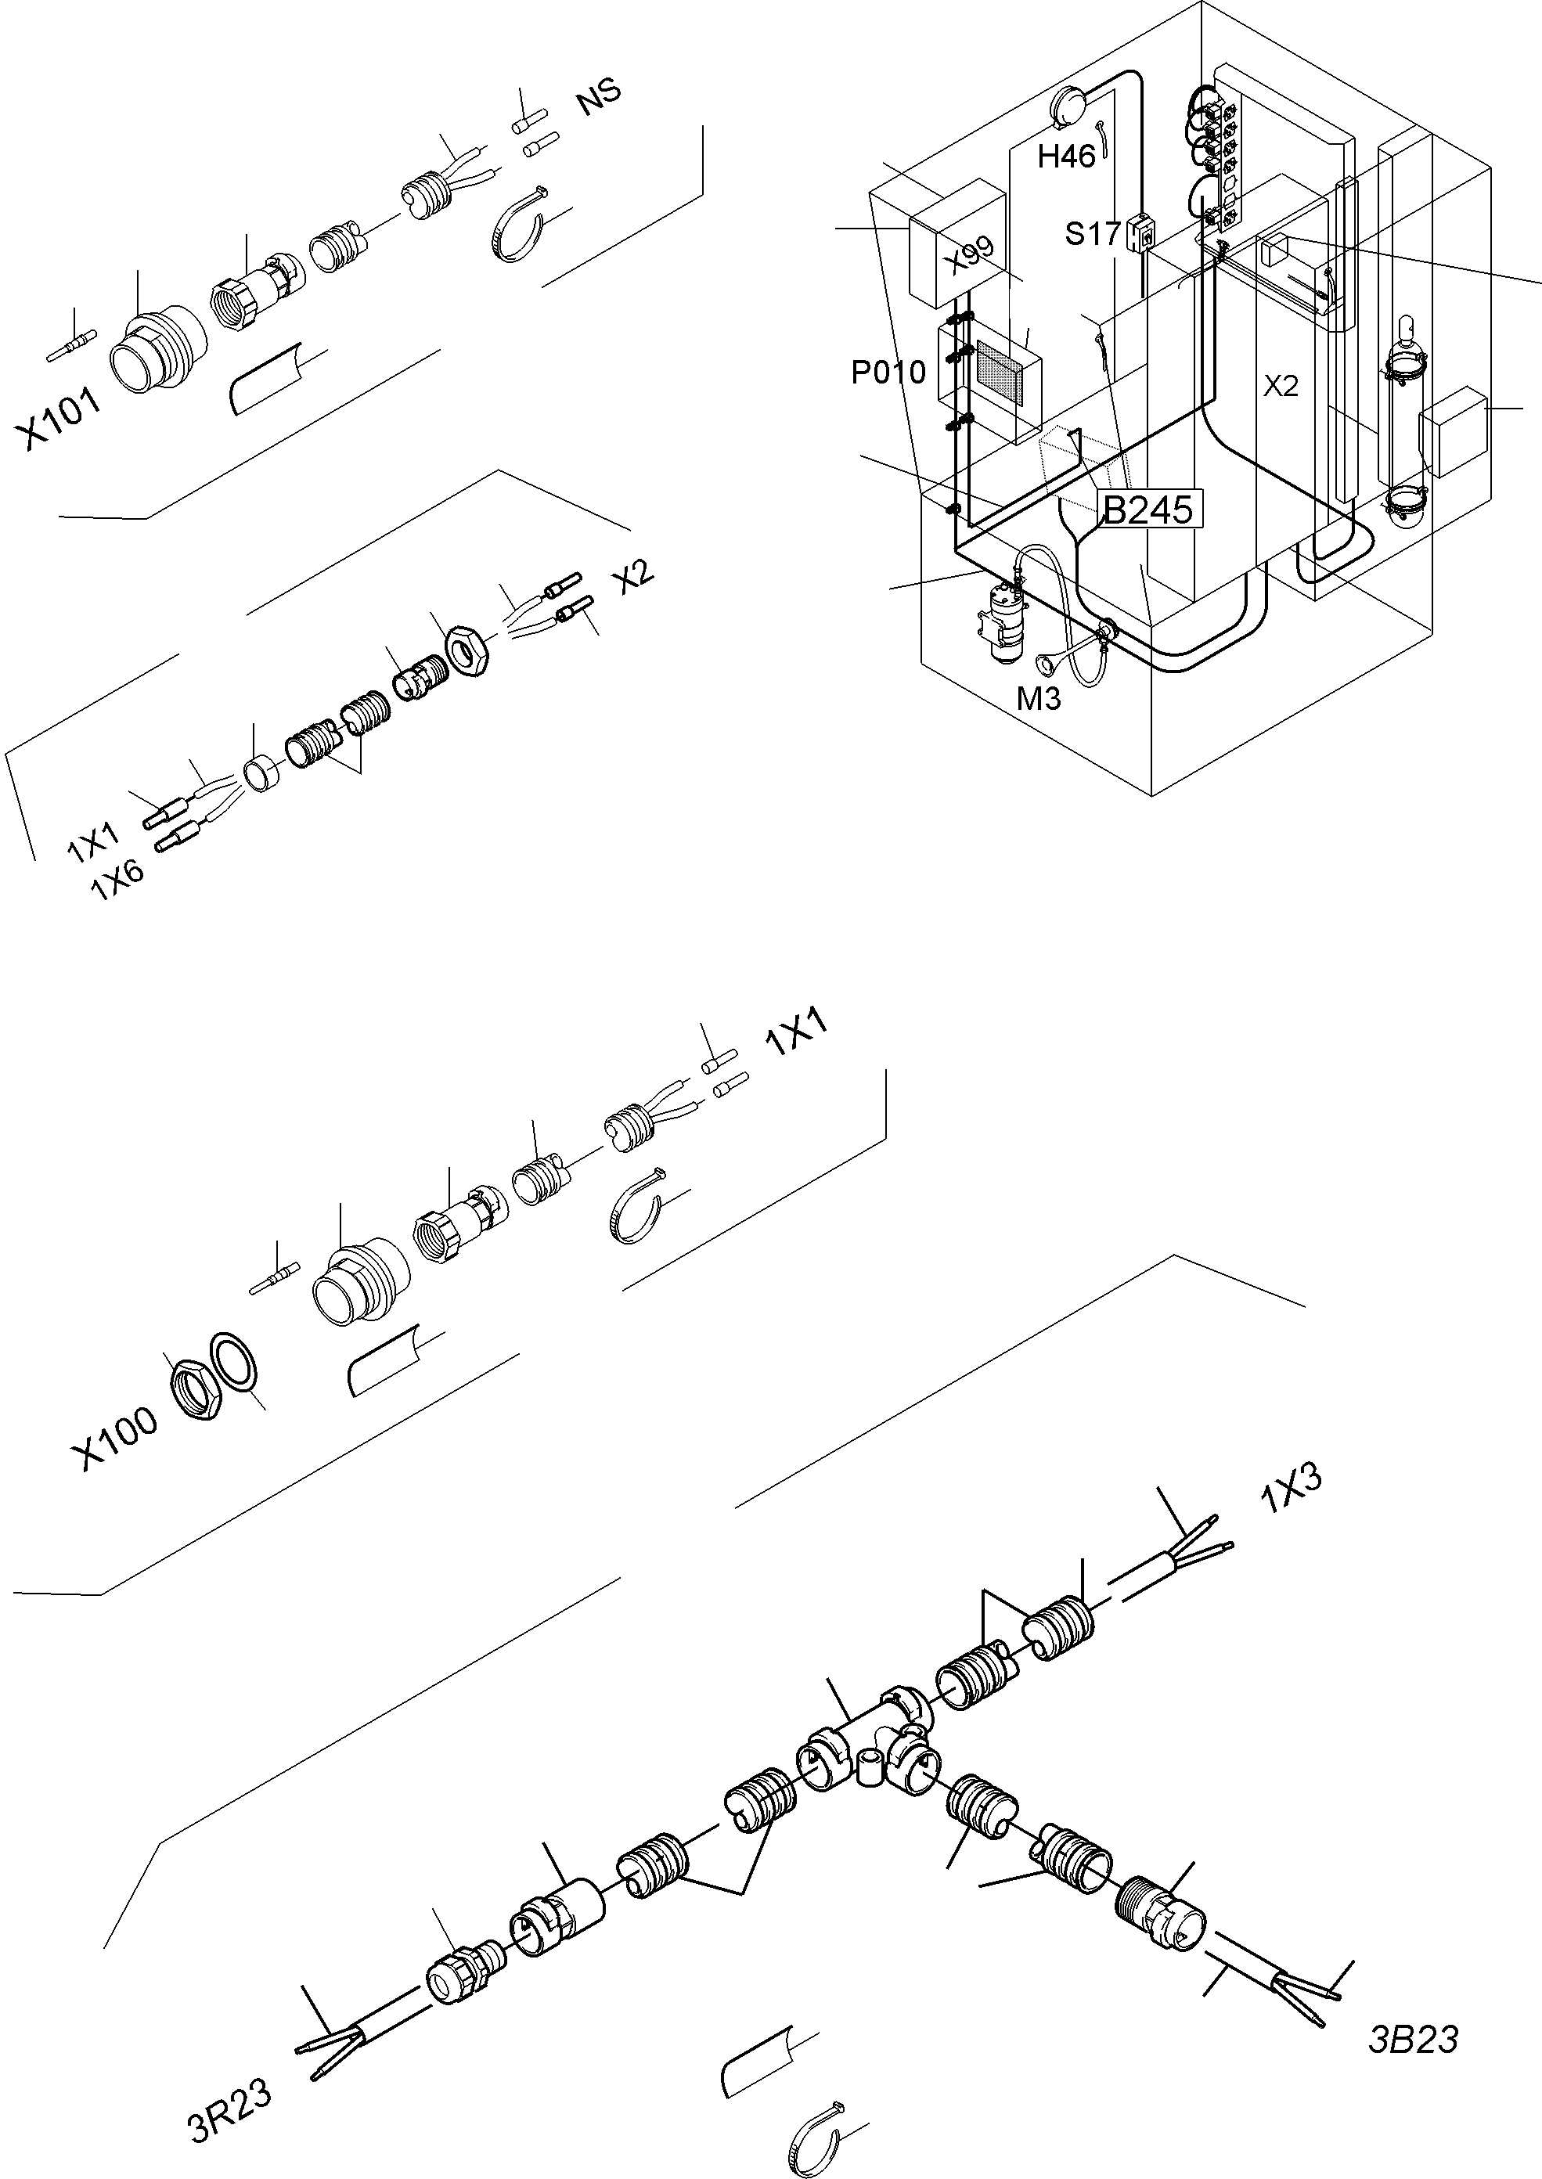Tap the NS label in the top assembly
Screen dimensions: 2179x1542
click(x=599, y=96)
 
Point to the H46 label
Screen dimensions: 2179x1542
click(x=1066, y=156)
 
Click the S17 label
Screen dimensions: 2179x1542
click(x=1093, y=233)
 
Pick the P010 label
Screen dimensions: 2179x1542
click(x=888, y=373)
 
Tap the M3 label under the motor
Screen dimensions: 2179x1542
click(x=1039, y=699)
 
